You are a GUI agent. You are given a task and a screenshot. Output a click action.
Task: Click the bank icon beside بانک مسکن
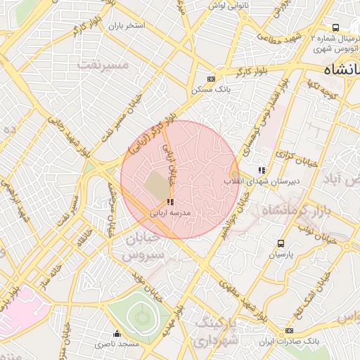(x=210, y=79)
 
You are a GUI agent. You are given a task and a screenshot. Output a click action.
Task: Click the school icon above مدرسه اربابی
(x=170, y=201)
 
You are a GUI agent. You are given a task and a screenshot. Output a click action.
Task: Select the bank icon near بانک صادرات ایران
(x=288, y=331)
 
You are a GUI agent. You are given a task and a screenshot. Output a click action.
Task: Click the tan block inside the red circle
(x=157, y=184)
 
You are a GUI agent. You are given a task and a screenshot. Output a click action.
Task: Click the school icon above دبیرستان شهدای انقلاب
(x=262, y=170)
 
